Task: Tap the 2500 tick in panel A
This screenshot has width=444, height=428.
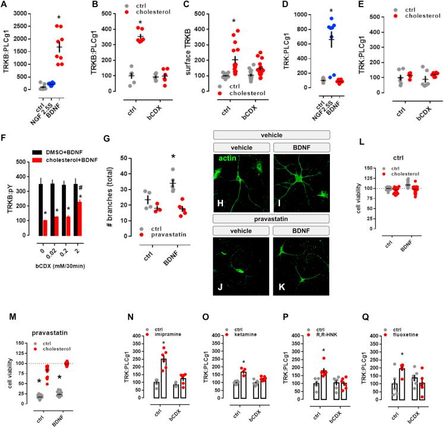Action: click(x=23, y=12)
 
